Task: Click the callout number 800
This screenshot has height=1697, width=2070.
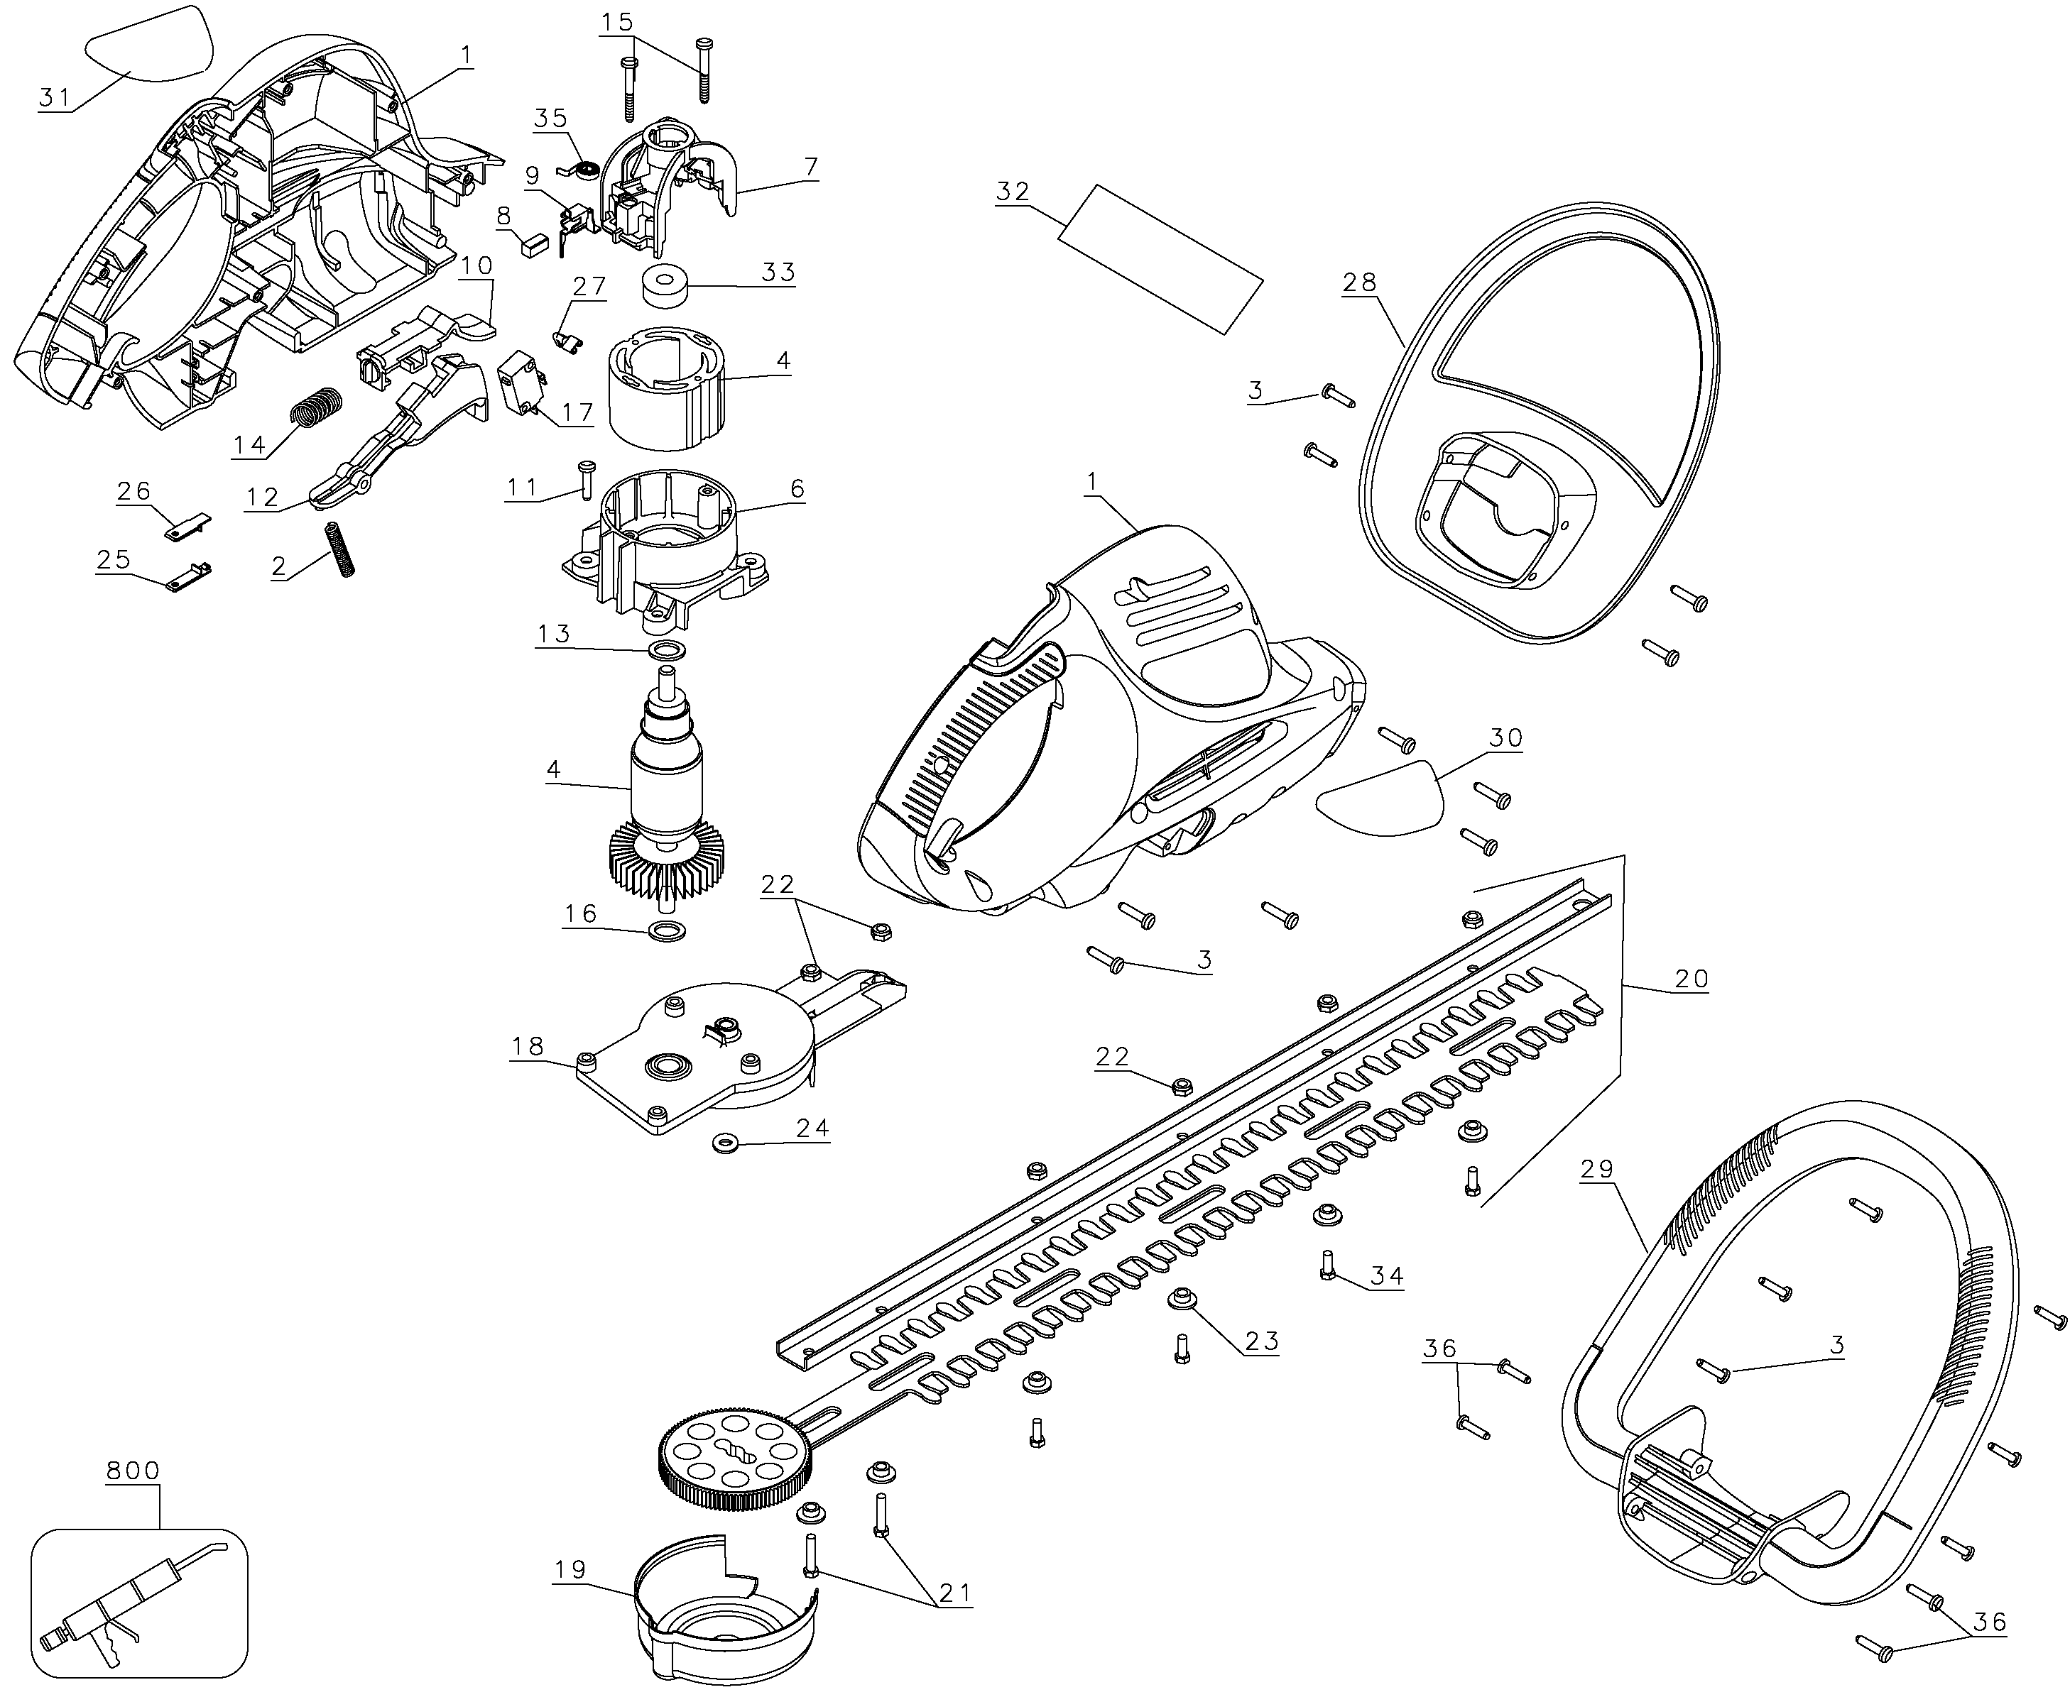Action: point(132,1469)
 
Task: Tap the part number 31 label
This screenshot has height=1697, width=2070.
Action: point(55,97)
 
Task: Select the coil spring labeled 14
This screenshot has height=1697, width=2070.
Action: point(318,406)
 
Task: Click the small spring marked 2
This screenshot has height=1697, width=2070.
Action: point(337,550)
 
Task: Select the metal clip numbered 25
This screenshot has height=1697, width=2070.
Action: point(190,578)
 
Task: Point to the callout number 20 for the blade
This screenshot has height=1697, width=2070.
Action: point(1691,979)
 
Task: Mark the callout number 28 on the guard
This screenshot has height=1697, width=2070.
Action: point(1359,282)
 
